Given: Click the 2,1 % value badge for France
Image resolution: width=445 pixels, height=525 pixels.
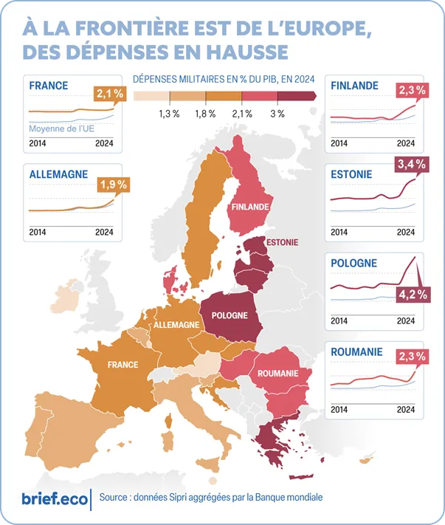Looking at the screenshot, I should [109, 94].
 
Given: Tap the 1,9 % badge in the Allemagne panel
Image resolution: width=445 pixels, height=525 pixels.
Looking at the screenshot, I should [113, 185].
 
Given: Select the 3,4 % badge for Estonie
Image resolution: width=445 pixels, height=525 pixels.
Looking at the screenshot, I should [412, 165].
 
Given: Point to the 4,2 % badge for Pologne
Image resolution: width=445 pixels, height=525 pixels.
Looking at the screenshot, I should [412, 295].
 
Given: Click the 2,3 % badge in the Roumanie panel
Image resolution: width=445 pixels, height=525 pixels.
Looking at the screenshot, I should [412, 356].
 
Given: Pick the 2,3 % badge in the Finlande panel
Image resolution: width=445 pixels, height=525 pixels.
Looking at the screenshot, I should [412, 91].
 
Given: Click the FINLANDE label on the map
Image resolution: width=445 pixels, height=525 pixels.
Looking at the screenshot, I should [249, 207].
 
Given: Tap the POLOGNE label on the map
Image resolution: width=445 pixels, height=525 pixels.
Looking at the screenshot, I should [229, 315].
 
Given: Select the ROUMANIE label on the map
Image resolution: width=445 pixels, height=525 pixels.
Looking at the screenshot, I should [278, 374].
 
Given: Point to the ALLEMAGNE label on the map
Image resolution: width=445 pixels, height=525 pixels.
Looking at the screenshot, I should [176, 325].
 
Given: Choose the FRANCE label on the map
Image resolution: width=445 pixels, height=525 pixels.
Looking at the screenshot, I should [123, 365].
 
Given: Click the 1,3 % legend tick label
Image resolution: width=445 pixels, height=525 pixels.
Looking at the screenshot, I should [169, 114].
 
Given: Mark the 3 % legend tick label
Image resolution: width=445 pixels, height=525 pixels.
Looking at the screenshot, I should [277, 114].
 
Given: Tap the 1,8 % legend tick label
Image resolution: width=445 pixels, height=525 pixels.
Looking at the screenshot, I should [205, 114].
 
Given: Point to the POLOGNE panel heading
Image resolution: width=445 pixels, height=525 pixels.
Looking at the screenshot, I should [354, 263].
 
